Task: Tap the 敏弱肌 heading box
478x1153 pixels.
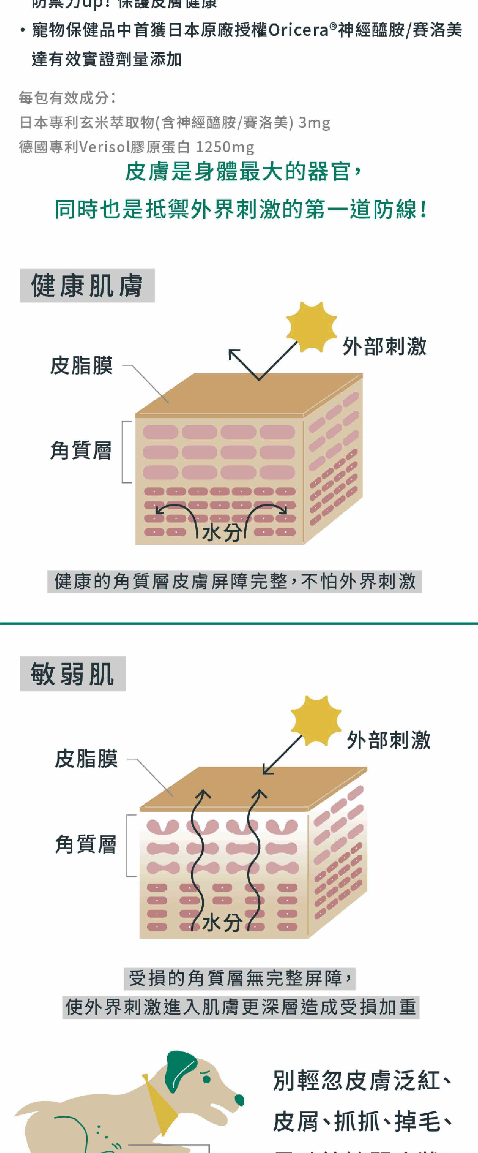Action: [x=72, y=674]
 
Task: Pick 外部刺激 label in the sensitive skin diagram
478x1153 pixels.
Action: [x=389, y=740]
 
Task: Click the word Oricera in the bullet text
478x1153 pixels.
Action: [x=298, y=30]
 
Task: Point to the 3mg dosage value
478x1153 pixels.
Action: [x=314, y=122]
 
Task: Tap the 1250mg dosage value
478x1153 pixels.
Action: [x=225, y=147]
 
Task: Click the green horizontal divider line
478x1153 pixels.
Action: [x=239, y=623]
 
